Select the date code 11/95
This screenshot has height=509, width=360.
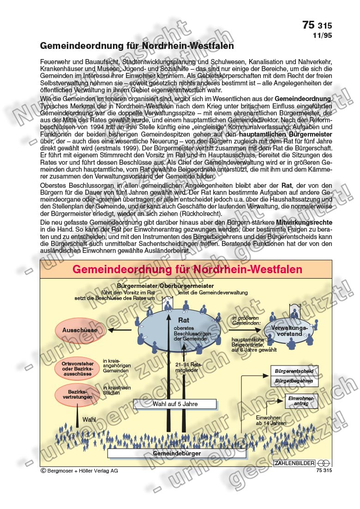point(322,35)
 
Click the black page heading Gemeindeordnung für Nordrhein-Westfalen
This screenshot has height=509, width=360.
point(137,46)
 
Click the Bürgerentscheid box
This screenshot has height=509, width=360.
point(294,371)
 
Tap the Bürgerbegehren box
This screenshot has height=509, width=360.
point(294,381)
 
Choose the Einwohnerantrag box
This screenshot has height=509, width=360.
point(301,401)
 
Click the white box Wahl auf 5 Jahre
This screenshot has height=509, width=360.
point(175,404)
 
